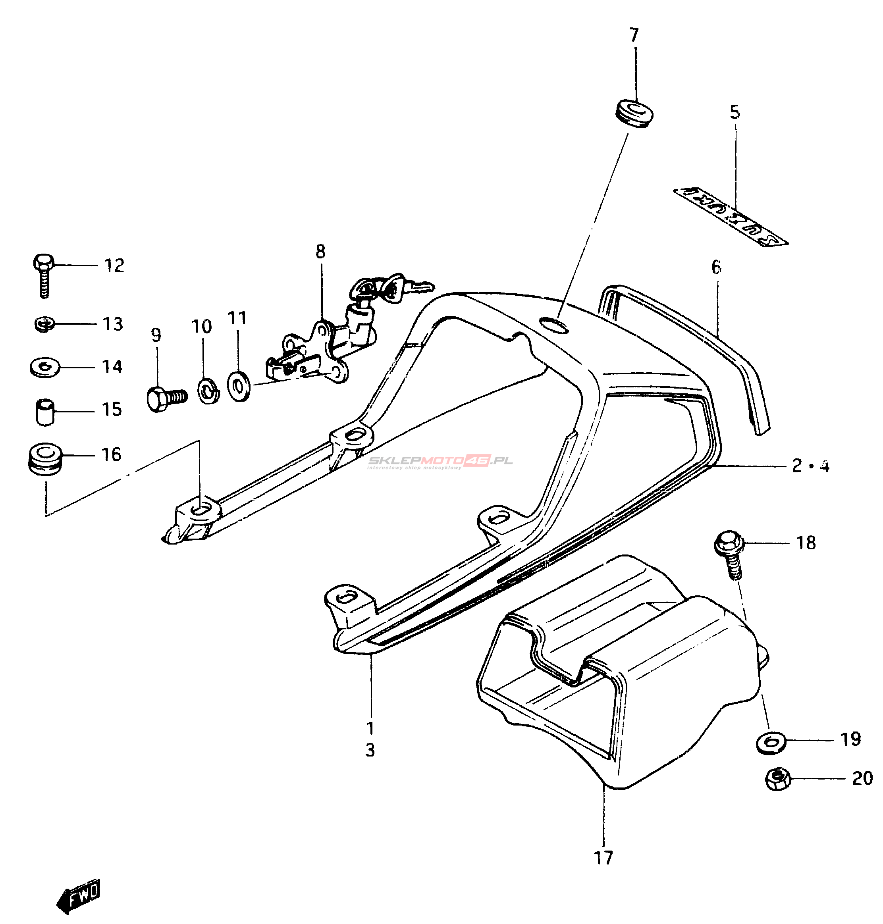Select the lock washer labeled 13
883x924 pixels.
click(45, 324)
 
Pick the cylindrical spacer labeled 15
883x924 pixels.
click(45, 412)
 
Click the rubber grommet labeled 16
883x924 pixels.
click(45, 458)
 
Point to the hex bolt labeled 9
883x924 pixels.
click(166, 398)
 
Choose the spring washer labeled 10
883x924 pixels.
click(208, 389)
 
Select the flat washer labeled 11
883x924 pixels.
click(239, 386)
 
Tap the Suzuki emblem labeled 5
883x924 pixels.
click(730, 216)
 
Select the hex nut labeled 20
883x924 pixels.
click(777, 779)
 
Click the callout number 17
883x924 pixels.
click(603, 858)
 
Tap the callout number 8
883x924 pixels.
click(320, 252)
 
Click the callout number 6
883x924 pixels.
click(716, 267)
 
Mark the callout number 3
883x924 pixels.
click(370, 750)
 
